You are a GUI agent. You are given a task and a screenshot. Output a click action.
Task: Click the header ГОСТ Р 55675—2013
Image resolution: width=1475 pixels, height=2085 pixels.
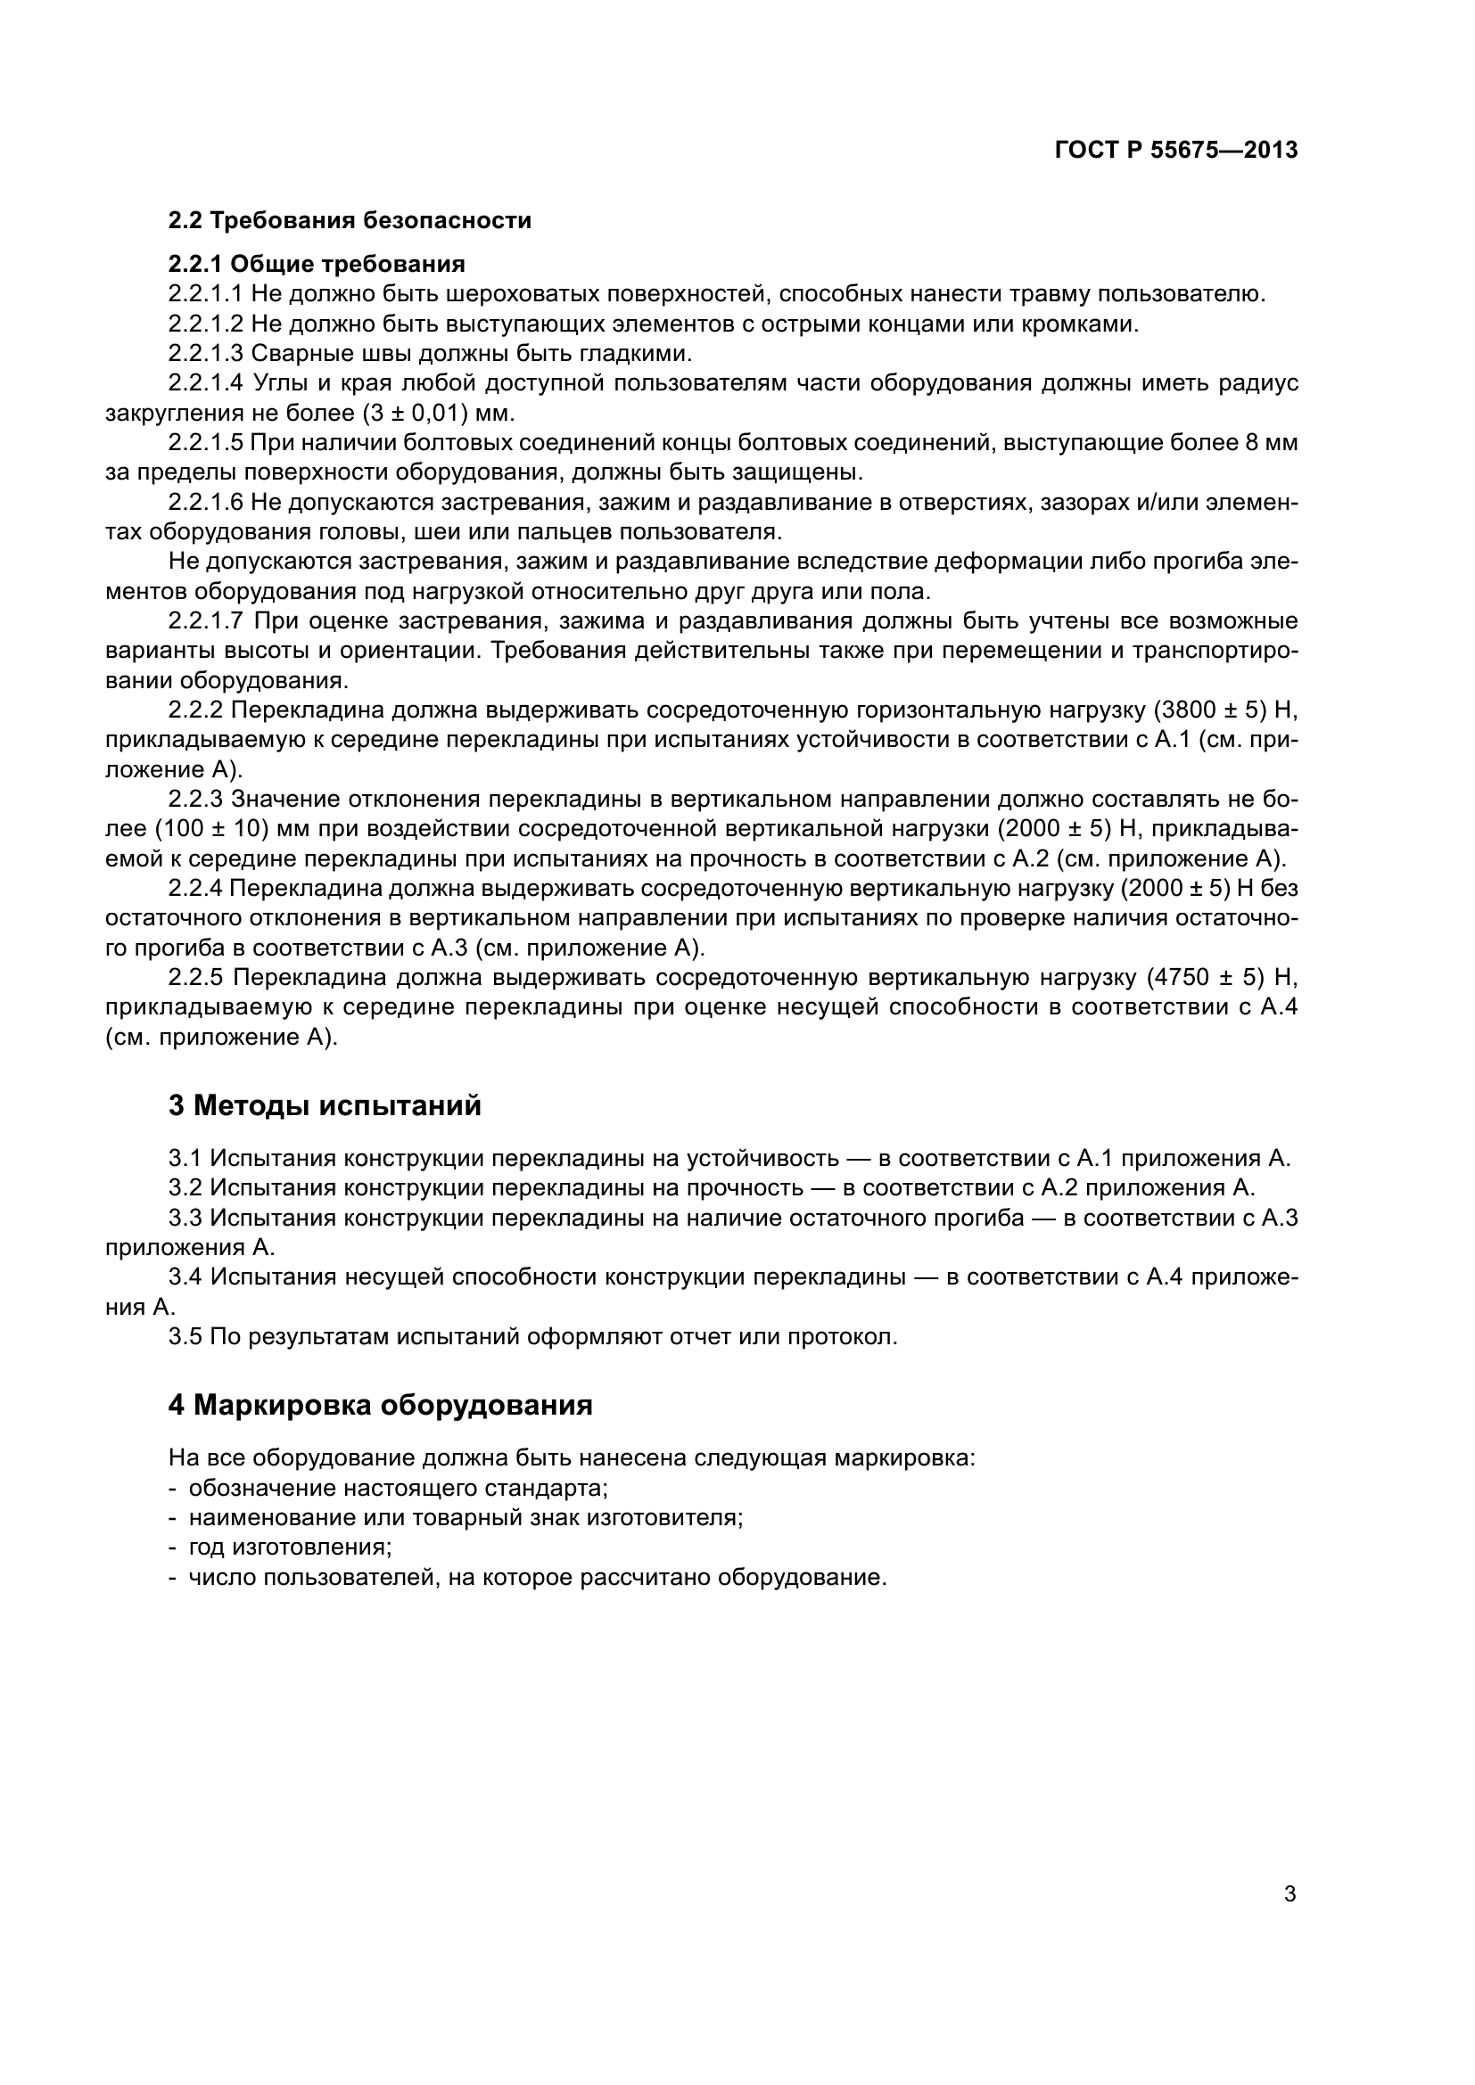point(1175,151)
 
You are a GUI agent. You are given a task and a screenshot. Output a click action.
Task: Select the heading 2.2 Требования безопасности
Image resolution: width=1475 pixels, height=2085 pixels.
point(350,221)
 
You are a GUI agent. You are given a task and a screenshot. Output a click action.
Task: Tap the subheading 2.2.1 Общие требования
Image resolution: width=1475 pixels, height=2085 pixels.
point(316,264)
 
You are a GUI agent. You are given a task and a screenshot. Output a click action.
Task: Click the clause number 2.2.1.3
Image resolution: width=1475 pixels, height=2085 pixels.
point(205,353)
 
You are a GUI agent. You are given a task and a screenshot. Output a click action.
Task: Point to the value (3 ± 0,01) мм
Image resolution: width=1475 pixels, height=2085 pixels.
point(438,414)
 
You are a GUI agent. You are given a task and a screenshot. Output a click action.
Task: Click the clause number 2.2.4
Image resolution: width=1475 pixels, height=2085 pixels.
point(194,888)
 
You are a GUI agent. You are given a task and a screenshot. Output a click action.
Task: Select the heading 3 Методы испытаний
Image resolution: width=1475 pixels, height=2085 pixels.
point(325,1106)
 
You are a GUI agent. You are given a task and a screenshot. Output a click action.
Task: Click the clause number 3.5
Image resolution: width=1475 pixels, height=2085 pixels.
point(185,1337)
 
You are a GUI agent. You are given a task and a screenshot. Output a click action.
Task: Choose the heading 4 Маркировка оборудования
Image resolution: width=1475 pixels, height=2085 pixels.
point(380,1405)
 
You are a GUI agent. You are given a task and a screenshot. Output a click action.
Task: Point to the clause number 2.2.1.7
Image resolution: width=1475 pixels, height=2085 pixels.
point(205,621)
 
